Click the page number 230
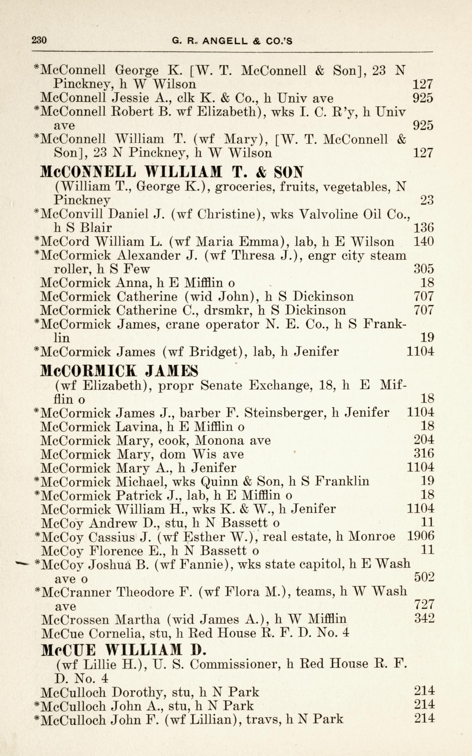coord(39,40)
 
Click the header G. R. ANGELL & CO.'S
coord(232,41)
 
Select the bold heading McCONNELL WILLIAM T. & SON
coord(172,172)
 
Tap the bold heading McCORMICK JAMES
coord(120,371)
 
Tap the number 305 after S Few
coord(424,268)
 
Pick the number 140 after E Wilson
coord(424,241)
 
